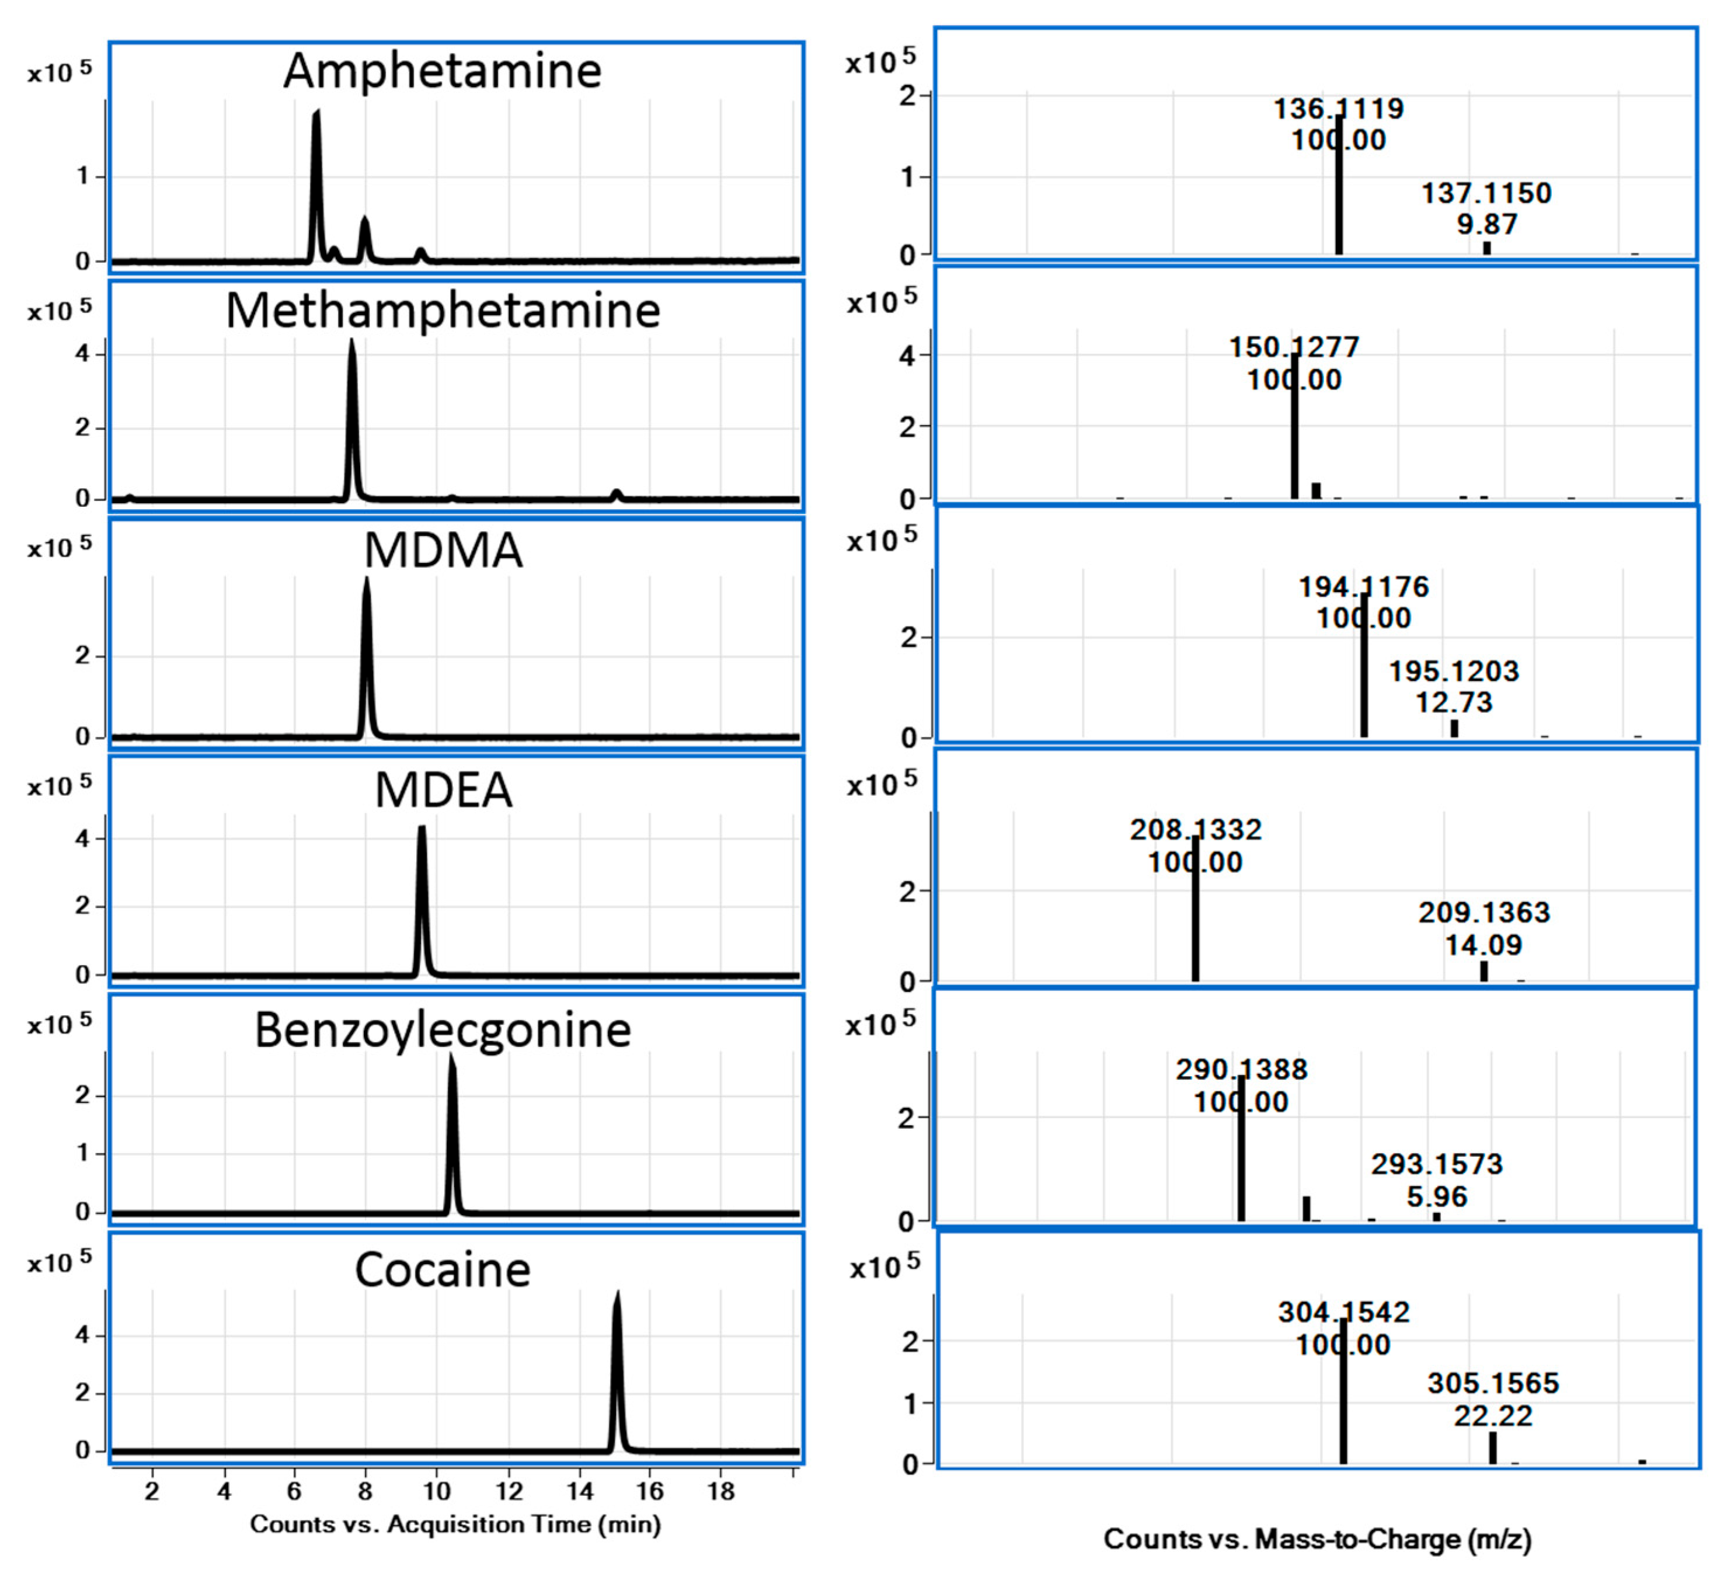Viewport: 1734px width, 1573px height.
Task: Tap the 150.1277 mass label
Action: [1294, 347]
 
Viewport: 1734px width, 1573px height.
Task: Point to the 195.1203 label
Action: [1454, 671]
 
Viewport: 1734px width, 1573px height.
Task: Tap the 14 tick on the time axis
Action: [580, 1491]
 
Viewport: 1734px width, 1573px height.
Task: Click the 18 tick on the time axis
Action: [721, 1491]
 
